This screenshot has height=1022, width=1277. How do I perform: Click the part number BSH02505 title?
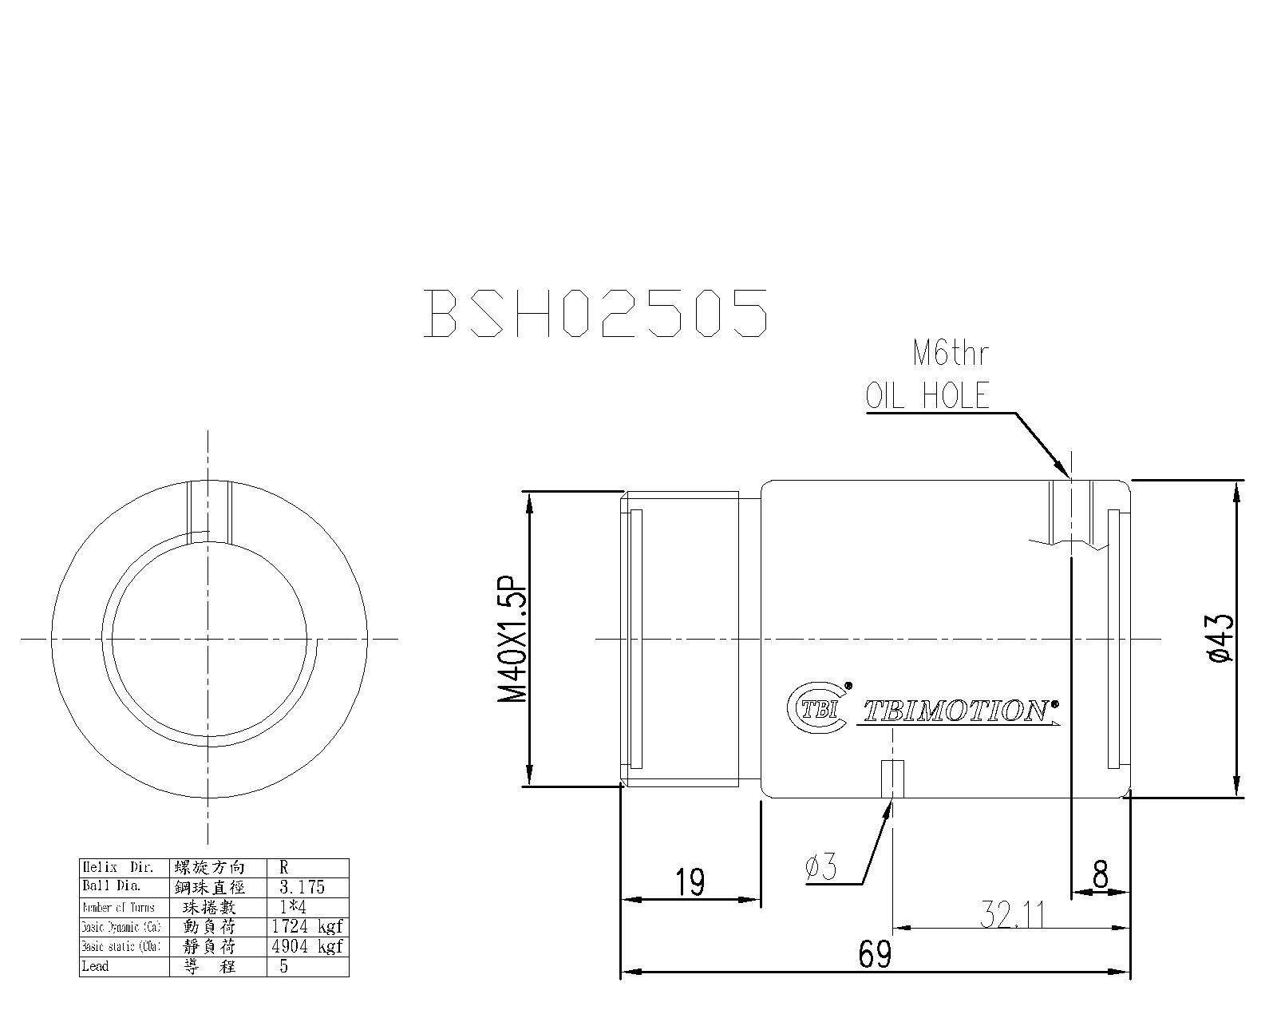tap(596, 312)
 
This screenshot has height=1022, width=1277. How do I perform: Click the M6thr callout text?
tap(950, 354)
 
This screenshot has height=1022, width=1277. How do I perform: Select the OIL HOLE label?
tap(928, 396)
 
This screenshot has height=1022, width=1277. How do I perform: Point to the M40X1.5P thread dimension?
tap(513, 639)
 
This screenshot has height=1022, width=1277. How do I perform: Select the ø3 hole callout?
tap(821, 867)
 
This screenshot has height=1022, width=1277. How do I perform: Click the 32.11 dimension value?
tap(1013, 915)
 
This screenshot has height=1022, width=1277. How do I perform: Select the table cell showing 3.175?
tap(302, 887)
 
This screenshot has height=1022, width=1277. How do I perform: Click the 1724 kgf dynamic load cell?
tap(306, 927)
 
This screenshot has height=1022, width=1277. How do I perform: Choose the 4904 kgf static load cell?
tap(306, 947)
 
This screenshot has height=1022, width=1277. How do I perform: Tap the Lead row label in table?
tap(95, 966)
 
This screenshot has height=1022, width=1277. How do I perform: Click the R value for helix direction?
tap(284, 867)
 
